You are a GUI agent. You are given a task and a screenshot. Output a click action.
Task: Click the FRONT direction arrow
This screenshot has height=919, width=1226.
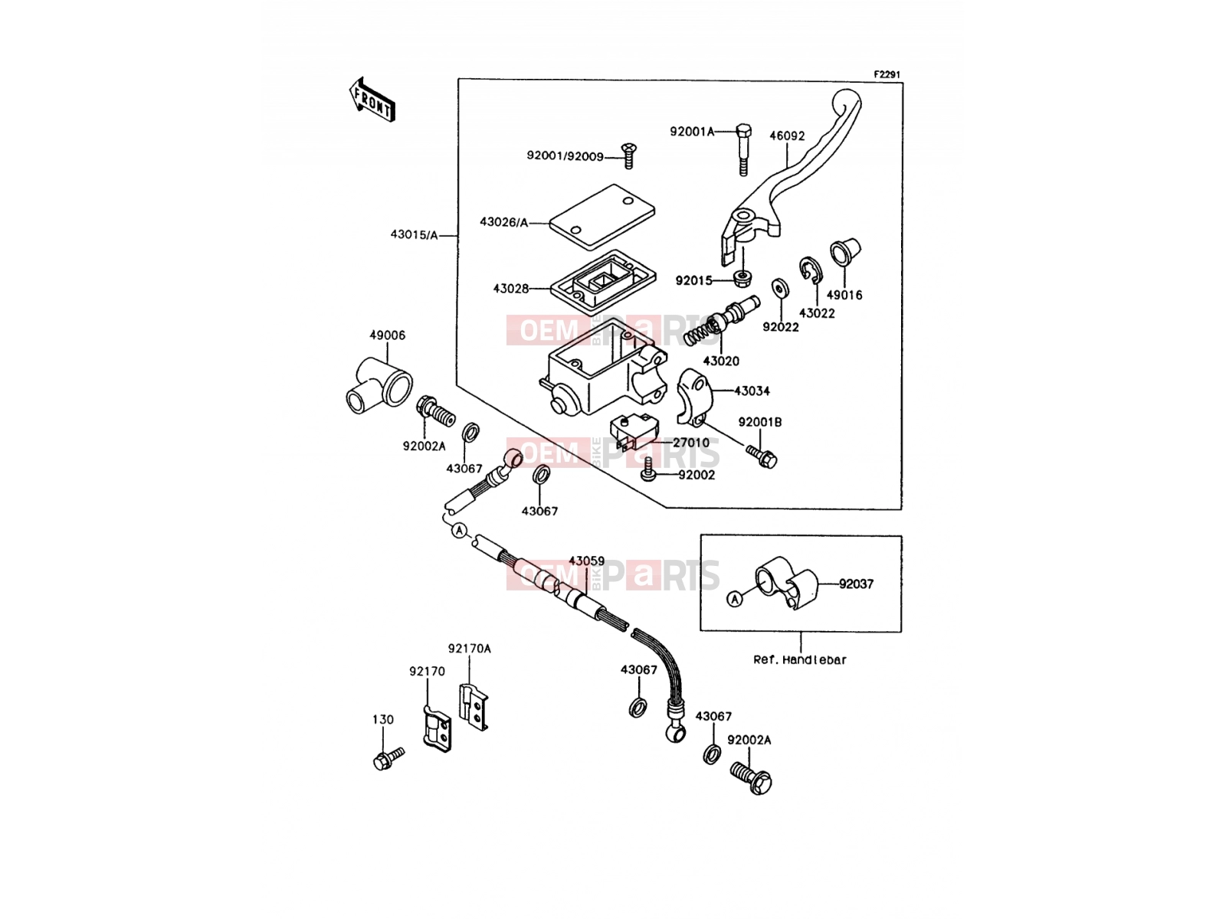coord(372,100)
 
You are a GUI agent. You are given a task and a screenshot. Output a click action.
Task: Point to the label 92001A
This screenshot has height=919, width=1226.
coord(692,132)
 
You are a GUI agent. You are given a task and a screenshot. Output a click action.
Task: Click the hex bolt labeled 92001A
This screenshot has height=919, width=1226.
coord(743,149)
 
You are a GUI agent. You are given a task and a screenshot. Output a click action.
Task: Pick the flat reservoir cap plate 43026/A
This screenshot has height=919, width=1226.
coord(602,216)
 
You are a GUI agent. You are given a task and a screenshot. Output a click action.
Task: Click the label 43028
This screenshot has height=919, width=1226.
coord(510,289)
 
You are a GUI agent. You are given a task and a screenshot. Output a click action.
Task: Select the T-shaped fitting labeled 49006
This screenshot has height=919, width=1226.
coord(379,385)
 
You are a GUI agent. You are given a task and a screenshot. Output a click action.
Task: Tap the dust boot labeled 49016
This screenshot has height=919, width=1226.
coord(845,252)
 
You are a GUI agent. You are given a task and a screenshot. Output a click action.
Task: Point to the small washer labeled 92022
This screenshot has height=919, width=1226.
coord(780,288)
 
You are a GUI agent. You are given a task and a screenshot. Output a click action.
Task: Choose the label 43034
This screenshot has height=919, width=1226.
coord(752,391)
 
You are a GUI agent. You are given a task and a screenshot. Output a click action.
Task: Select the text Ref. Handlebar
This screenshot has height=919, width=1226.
coord(800,660)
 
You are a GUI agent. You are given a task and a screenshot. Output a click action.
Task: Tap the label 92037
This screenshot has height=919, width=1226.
coord(856,584)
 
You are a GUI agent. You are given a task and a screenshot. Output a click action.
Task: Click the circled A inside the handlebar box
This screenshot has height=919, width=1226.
coord(735,600)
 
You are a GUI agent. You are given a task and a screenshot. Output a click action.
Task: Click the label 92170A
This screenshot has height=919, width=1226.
coord(469,649)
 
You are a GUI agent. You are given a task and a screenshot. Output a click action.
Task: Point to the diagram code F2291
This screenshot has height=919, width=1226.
coord(887,74)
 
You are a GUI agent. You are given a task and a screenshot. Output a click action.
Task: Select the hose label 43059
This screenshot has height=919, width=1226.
coord(586,561)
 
